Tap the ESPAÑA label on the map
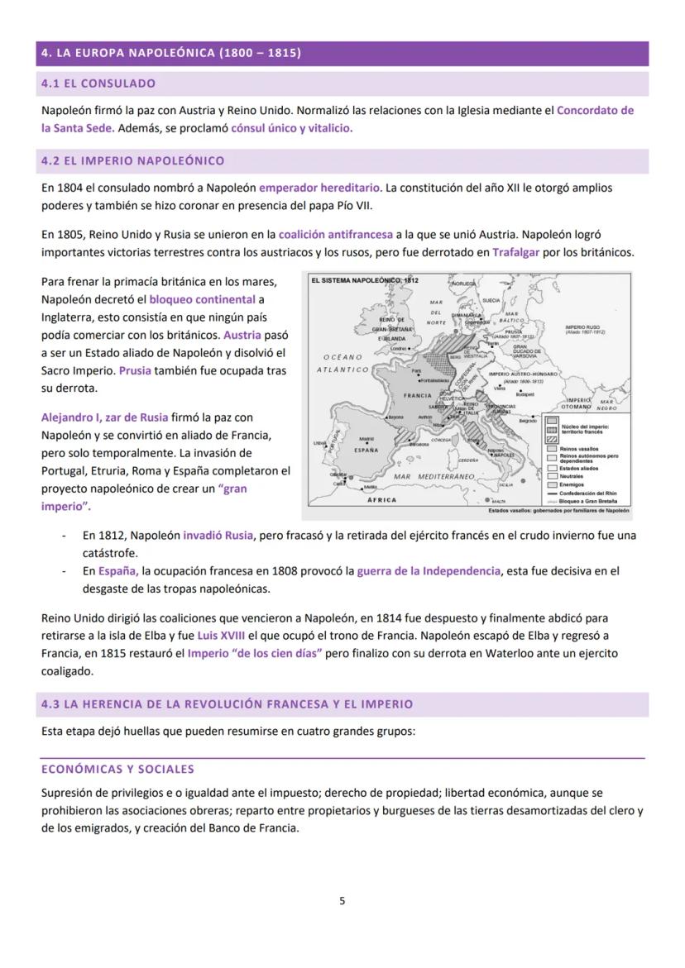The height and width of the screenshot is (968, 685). (x=366, y=451)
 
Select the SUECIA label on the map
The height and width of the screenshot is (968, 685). (x=491, y=300)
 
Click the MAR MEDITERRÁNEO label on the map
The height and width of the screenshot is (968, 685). (x=434, y=477)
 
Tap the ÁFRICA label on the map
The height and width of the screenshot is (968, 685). (x=381, y=500)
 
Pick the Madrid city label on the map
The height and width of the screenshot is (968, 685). (x=367, y=439)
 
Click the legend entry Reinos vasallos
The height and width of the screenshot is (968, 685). (x=577, y=448)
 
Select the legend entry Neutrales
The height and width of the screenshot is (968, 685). (x=572, y=476)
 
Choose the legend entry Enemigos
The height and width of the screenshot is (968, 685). (x=572, y=484)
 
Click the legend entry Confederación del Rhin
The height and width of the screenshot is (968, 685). (x=588, y=493)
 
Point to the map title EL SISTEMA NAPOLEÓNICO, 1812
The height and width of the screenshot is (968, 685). (x=365, y=281)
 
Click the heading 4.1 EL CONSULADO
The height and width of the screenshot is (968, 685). (x=98, y=83)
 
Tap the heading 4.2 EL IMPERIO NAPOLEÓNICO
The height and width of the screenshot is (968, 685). (x=132, y=160)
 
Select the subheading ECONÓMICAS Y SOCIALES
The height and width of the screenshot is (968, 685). (x=117, y=769)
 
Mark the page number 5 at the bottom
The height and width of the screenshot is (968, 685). (x=342, y=900)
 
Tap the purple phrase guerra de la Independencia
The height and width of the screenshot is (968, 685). (x=429, y=570)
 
